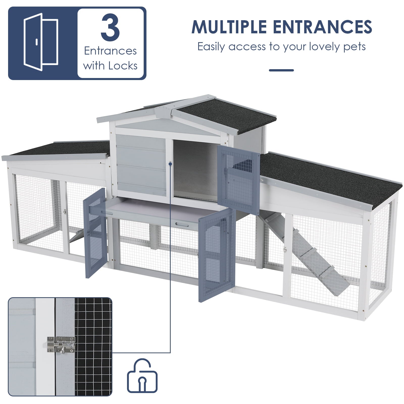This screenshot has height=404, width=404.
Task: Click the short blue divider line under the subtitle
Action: (281, 70)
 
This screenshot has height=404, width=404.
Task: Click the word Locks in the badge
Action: (123, 66)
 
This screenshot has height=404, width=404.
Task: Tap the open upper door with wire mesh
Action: (239, 179)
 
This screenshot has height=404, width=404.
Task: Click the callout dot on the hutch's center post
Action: (170, 164)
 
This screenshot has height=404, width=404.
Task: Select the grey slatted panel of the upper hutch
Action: (141, 164)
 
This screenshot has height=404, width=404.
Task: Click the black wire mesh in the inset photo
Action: (93, 348)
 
